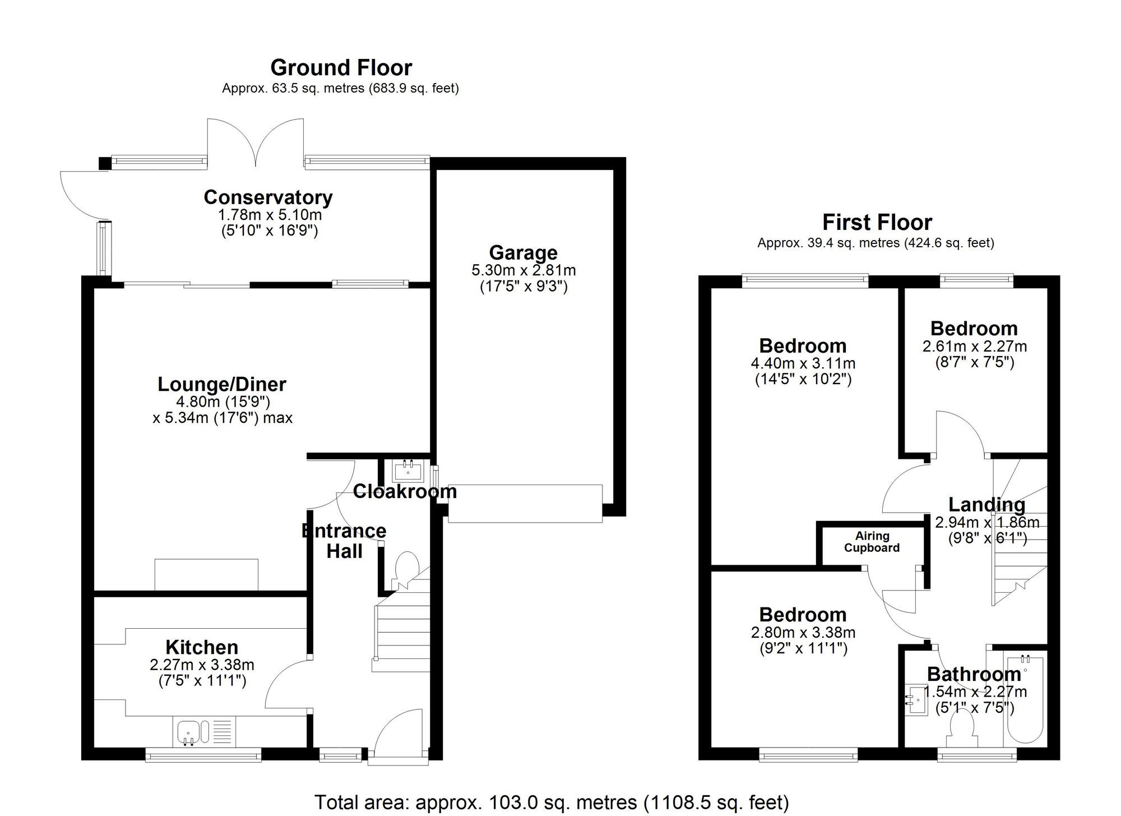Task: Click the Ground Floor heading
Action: click(341, 68)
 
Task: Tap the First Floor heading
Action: click(877, 223)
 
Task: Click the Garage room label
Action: click(523, 253)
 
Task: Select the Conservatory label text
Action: click(268, 197)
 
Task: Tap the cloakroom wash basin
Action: click(407, 471)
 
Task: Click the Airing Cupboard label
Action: click(872, 542)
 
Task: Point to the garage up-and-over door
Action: click(525, 504)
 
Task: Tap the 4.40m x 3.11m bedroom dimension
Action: click(803, 363)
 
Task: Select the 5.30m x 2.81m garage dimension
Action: click(524, 270)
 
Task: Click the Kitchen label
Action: click(202, 648)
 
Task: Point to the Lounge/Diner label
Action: click(222, 385)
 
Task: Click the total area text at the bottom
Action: click(552, 803)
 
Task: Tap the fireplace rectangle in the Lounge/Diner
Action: click(206, 574)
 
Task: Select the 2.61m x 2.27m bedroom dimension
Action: click(974, 347)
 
